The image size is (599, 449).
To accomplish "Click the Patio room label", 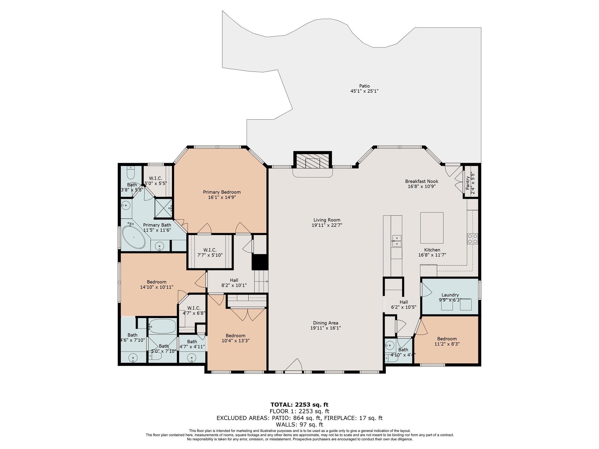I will (x=364, y=86).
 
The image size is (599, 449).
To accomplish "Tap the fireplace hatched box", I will (x=312, y=161).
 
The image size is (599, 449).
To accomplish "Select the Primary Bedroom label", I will (x=222, y=192).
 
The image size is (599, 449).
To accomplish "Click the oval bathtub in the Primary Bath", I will (x=133, y=237).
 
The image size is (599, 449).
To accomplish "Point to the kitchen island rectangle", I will (x=432, y=228).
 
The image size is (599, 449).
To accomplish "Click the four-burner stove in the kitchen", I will (x=472, y=239).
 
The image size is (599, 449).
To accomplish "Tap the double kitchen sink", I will (x=397, y=241).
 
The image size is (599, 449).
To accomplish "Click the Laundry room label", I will (x=450, y=295).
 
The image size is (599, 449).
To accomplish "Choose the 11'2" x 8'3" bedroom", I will (x=447, y=341).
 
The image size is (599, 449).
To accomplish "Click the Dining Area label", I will (x=326, y=323).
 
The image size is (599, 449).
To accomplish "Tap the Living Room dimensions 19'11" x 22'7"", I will (x=327, y=225).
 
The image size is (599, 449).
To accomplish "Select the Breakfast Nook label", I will (x=421, y=181).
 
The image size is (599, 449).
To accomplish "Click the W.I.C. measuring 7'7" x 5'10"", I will (x=210, y=253).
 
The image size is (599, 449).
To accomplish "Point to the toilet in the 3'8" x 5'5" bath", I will (x=130, y=174).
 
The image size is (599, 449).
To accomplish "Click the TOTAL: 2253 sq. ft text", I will (x=299, y=405).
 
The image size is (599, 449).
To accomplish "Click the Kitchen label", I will (x=432, y=250).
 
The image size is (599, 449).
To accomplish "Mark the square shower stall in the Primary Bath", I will (x=163, y=208).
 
